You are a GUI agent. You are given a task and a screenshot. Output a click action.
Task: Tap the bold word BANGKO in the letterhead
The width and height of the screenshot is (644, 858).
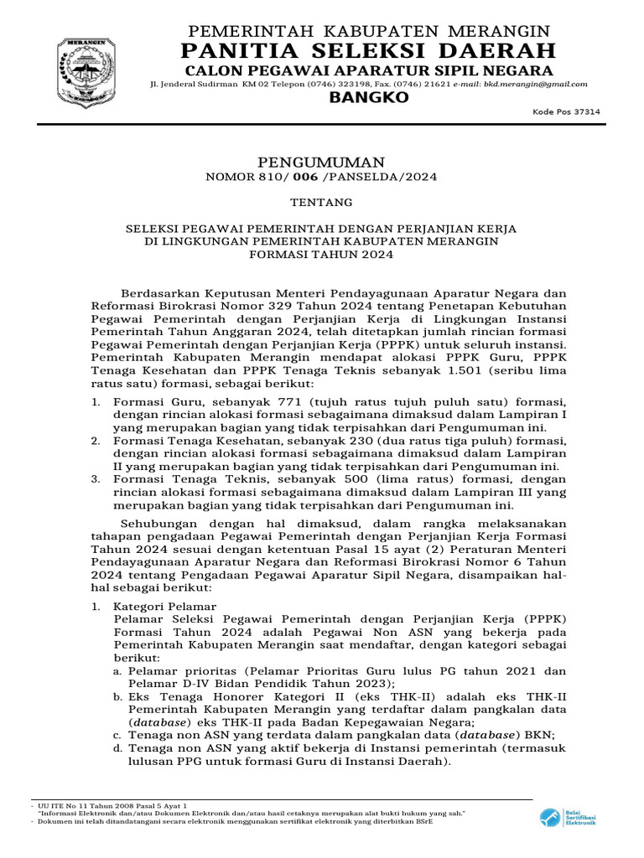(x=368, y=98)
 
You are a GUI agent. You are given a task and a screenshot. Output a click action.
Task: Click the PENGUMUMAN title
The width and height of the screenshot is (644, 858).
(x=321, y=162)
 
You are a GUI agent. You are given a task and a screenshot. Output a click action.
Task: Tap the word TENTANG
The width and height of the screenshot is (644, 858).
(x=321, y=203)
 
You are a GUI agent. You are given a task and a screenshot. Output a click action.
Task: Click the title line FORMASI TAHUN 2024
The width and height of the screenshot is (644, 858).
(x=321, y=256)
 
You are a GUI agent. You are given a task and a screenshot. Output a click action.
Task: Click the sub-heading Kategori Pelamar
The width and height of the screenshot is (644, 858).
(x=165, y=607)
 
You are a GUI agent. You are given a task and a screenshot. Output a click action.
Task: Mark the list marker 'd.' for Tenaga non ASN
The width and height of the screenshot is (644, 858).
(x=118, y=748)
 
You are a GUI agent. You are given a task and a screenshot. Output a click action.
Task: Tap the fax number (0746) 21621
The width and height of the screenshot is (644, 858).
(x=428, y=84)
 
